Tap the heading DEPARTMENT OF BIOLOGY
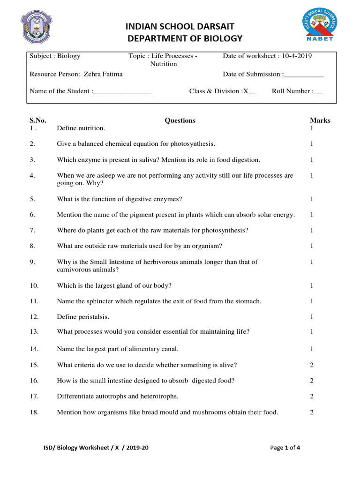pos(185,38)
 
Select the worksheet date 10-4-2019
pos(297,56)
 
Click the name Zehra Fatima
pos(103,74)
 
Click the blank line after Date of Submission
pos(304,74)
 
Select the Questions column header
pos(180,120)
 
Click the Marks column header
pos(320,120)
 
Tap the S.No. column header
pos(38,120)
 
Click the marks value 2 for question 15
pos(312,365)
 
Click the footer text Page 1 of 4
pos(285,448)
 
